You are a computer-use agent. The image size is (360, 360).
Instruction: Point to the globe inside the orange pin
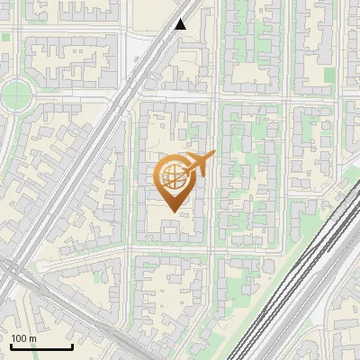[x=173, y=177]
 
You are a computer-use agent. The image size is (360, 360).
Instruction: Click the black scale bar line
[x=40, y=347]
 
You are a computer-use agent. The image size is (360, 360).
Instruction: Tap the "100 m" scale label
[x=23, y=338]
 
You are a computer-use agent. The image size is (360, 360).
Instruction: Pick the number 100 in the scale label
[x=19, y=338]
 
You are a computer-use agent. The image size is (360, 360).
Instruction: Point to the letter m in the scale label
[x=32, y=339]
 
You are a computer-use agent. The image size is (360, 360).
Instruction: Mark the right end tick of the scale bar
[x=72, y=346]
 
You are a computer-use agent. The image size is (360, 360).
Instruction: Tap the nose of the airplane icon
[x=213, y=155]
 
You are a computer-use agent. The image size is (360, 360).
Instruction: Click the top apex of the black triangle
[x=181, y=19]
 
